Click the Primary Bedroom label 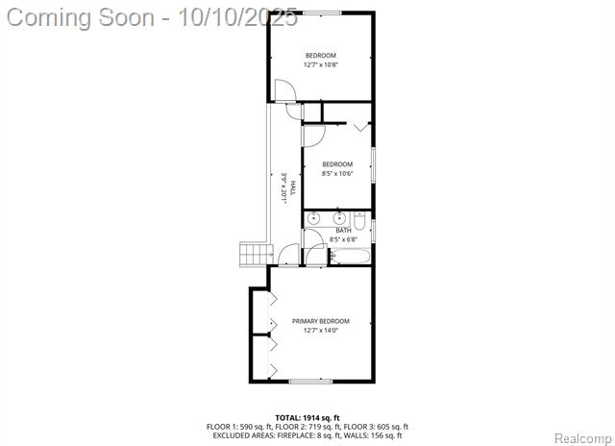pos(320,321)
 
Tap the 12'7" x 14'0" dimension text pos(320,331)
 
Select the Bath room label pos(343,231)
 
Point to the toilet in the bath pos(359,221)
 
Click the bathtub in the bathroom pos(350,257)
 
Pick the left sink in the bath pos(313,218)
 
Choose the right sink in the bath pos(339,218)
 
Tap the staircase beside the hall pos(256,254)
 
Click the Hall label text pos(293,188)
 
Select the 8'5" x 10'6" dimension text pos(337,173)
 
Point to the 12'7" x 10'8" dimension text pos(320,64)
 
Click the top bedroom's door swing pos(285,90)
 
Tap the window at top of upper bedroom pos(322,12)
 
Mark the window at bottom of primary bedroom pos(310,381)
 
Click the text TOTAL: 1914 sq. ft pos(307,418)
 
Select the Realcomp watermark pos(583,438)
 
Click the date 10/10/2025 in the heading pos(237,17)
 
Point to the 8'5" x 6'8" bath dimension pos(343,239)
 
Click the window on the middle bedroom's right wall pos(374,164)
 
